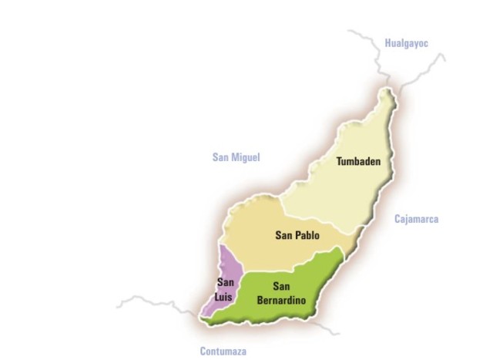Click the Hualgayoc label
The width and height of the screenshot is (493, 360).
(x=406, y=43)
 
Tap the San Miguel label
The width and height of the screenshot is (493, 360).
(x=236, y=157)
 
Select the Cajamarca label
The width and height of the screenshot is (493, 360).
(x=416, y=219)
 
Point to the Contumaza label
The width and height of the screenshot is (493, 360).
(x=223, y=351)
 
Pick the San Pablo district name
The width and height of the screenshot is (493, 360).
(x=297, y=235)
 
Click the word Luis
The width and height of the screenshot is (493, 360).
(x=225, y=295)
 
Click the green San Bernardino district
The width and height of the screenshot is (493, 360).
(x=308, y=278)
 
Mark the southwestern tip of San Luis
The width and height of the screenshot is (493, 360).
(x=202, y=316)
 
